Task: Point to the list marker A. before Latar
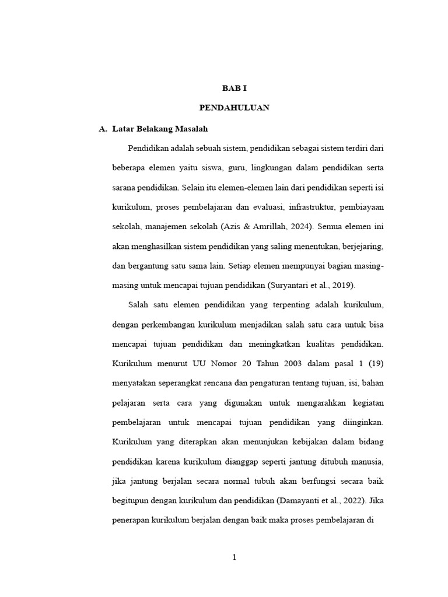pyautogui.click(x=104, y=128)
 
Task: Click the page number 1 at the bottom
pyautogui.click(x=234, y=557)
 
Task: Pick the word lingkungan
pyautogui.click(x=277, y=167)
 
